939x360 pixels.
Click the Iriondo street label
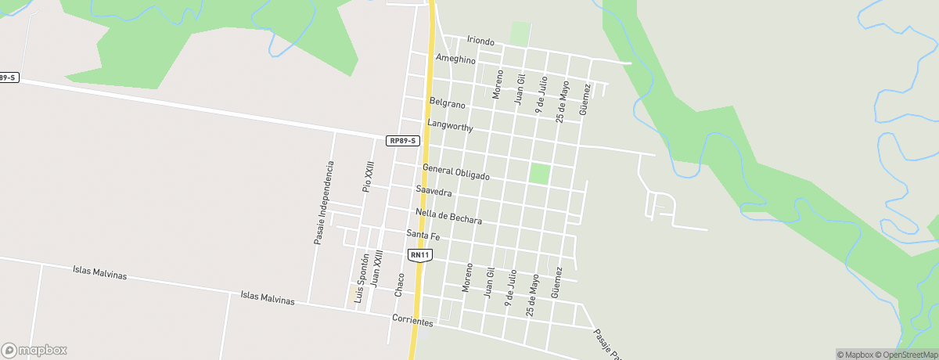pos(480,40)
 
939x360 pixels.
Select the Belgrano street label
pos(448,103)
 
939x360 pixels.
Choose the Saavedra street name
pos(434,191)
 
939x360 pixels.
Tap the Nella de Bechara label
pos(449,216)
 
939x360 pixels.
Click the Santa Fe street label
pos(423,235)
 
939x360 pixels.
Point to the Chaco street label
pos(401,283)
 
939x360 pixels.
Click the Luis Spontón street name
pos(361,280)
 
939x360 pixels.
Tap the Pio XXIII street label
pos(367,177)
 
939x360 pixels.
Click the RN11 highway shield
pos(420,255)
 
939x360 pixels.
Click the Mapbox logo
pos(34,351)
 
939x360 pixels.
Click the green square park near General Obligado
pos(539,173)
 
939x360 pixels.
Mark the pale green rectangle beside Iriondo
pos(520,33)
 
